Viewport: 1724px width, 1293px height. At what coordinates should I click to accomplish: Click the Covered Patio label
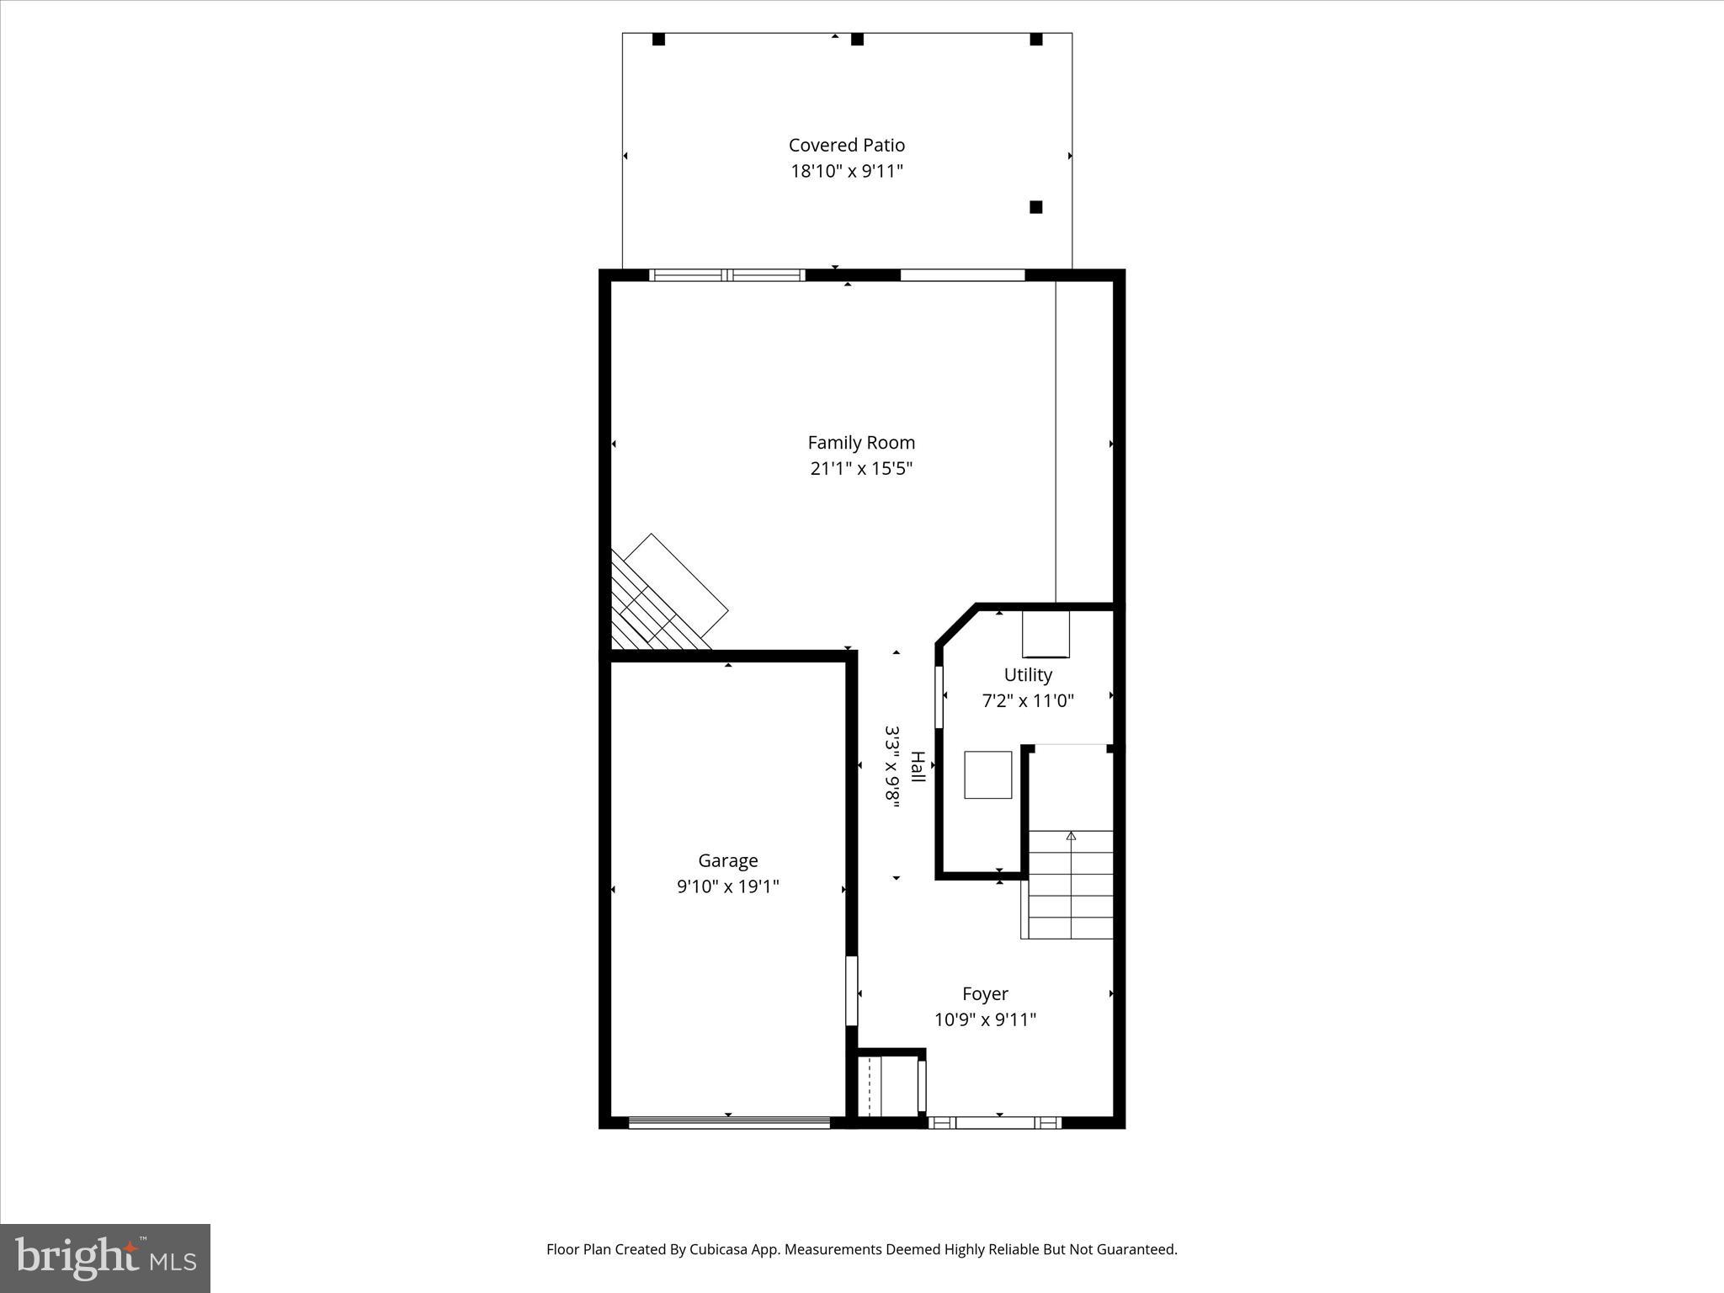[x=846, y=145]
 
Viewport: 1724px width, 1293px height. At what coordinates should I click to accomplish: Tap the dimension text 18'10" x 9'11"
[x=846, y=172]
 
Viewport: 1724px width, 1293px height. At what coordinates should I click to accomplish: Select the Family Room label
[x=861, y=442]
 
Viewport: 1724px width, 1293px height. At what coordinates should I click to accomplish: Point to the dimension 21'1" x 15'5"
[x=861, y=468]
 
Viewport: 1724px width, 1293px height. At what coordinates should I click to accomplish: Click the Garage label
[x=727, y=860]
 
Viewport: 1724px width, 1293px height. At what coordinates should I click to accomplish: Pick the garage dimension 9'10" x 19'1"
[x=727, y=886]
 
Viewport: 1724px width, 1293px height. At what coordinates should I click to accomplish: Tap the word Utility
[x=1028, y=674]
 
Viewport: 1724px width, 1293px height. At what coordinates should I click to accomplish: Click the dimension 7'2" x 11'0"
[x=1028, y=700]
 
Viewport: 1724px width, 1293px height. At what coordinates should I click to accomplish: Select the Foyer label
[x=985, y=993]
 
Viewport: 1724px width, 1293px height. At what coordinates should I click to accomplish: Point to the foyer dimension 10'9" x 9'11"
[x=985, y=1019]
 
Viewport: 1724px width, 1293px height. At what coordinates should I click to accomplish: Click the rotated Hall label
[x=918, y=767]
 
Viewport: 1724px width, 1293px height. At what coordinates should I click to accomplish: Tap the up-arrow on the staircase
[x=1071, y=836]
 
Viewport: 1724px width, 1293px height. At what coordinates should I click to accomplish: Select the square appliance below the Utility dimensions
[x=987, y=774]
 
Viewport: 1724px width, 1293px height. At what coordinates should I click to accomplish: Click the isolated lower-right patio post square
[x=1036, y=207]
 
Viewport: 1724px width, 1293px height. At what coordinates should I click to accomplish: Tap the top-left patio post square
[x=658, y=40]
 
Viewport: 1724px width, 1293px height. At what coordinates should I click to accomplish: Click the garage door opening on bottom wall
[x=729, y=1121]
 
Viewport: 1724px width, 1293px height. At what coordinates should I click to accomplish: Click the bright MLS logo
[x=105, y=1258]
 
